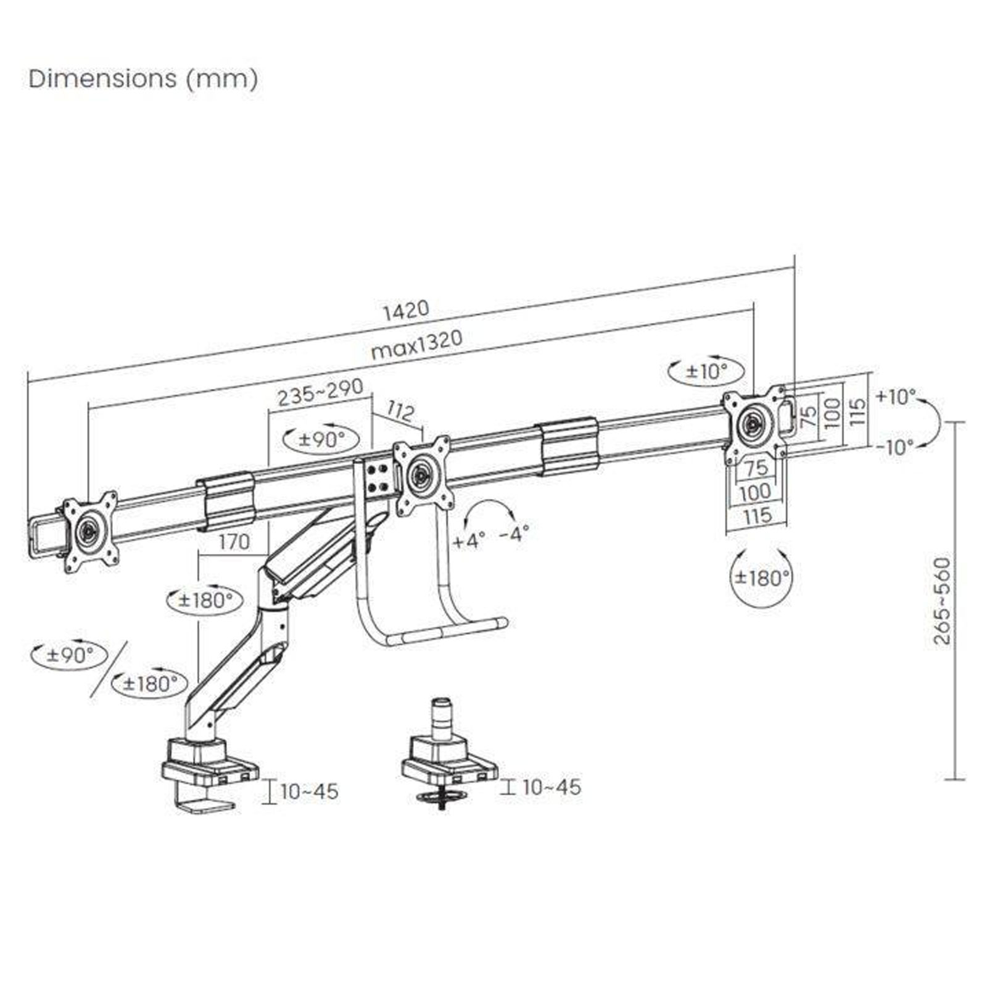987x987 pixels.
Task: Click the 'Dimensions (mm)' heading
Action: point(143,79)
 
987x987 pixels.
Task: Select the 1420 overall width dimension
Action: point(405,310)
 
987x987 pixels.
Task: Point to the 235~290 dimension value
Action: point(320,393)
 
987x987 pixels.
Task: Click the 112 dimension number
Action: point(401,411)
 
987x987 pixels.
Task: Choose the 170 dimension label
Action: point(234,542)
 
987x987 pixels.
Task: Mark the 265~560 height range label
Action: point(942,601)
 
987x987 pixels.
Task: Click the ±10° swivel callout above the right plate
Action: point(707,371)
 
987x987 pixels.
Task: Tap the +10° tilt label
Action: point(896,396)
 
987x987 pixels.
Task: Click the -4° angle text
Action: point(514,534)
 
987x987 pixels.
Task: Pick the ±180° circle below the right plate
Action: point(761,578)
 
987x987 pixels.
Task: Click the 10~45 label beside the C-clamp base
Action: point(309,791)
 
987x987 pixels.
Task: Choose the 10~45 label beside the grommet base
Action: point(551,787)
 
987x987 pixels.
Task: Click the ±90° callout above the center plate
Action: point(321,439)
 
